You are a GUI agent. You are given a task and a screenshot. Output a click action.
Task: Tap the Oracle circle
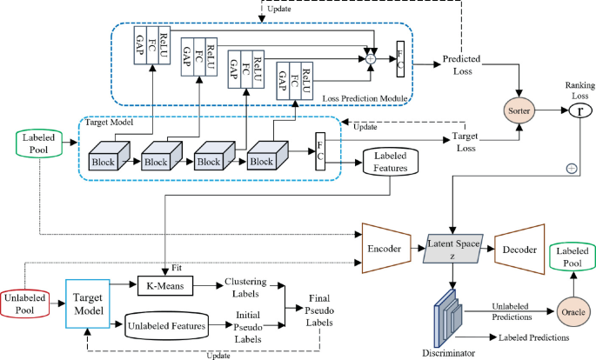pos(570,310)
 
